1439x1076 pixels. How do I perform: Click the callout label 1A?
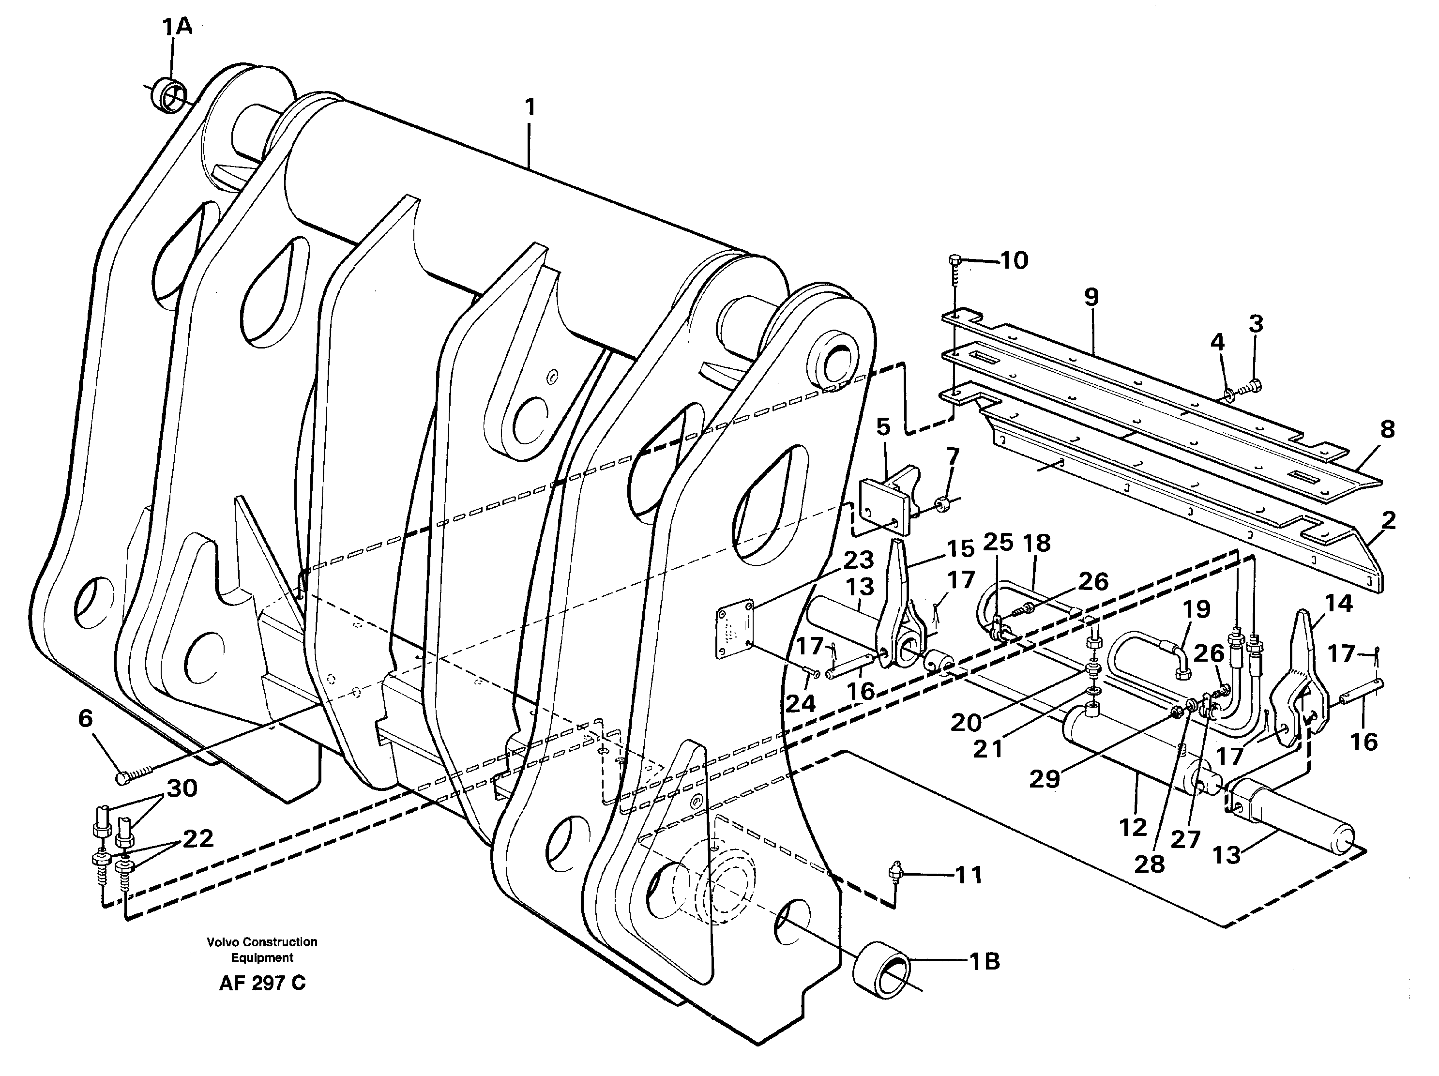(177, 27)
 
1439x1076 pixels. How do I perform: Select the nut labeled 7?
(939, 503)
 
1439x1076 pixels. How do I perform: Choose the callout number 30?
(182, 788)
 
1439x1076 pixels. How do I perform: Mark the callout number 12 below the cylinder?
(1133, 828)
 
